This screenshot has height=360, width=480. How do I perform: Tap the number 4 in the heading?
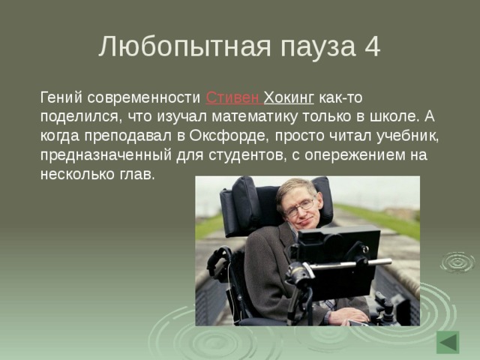coord(371,46)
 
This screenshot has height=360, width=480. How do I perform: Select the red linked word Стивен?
coord(232,98)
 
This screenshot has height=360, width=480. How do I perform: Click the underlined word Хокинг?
coord(289,98)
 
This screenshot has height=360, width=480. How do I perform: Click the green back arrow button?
coord(448,342)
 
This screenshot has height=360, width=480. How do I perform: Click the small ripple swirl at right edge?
coord(457,262)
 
